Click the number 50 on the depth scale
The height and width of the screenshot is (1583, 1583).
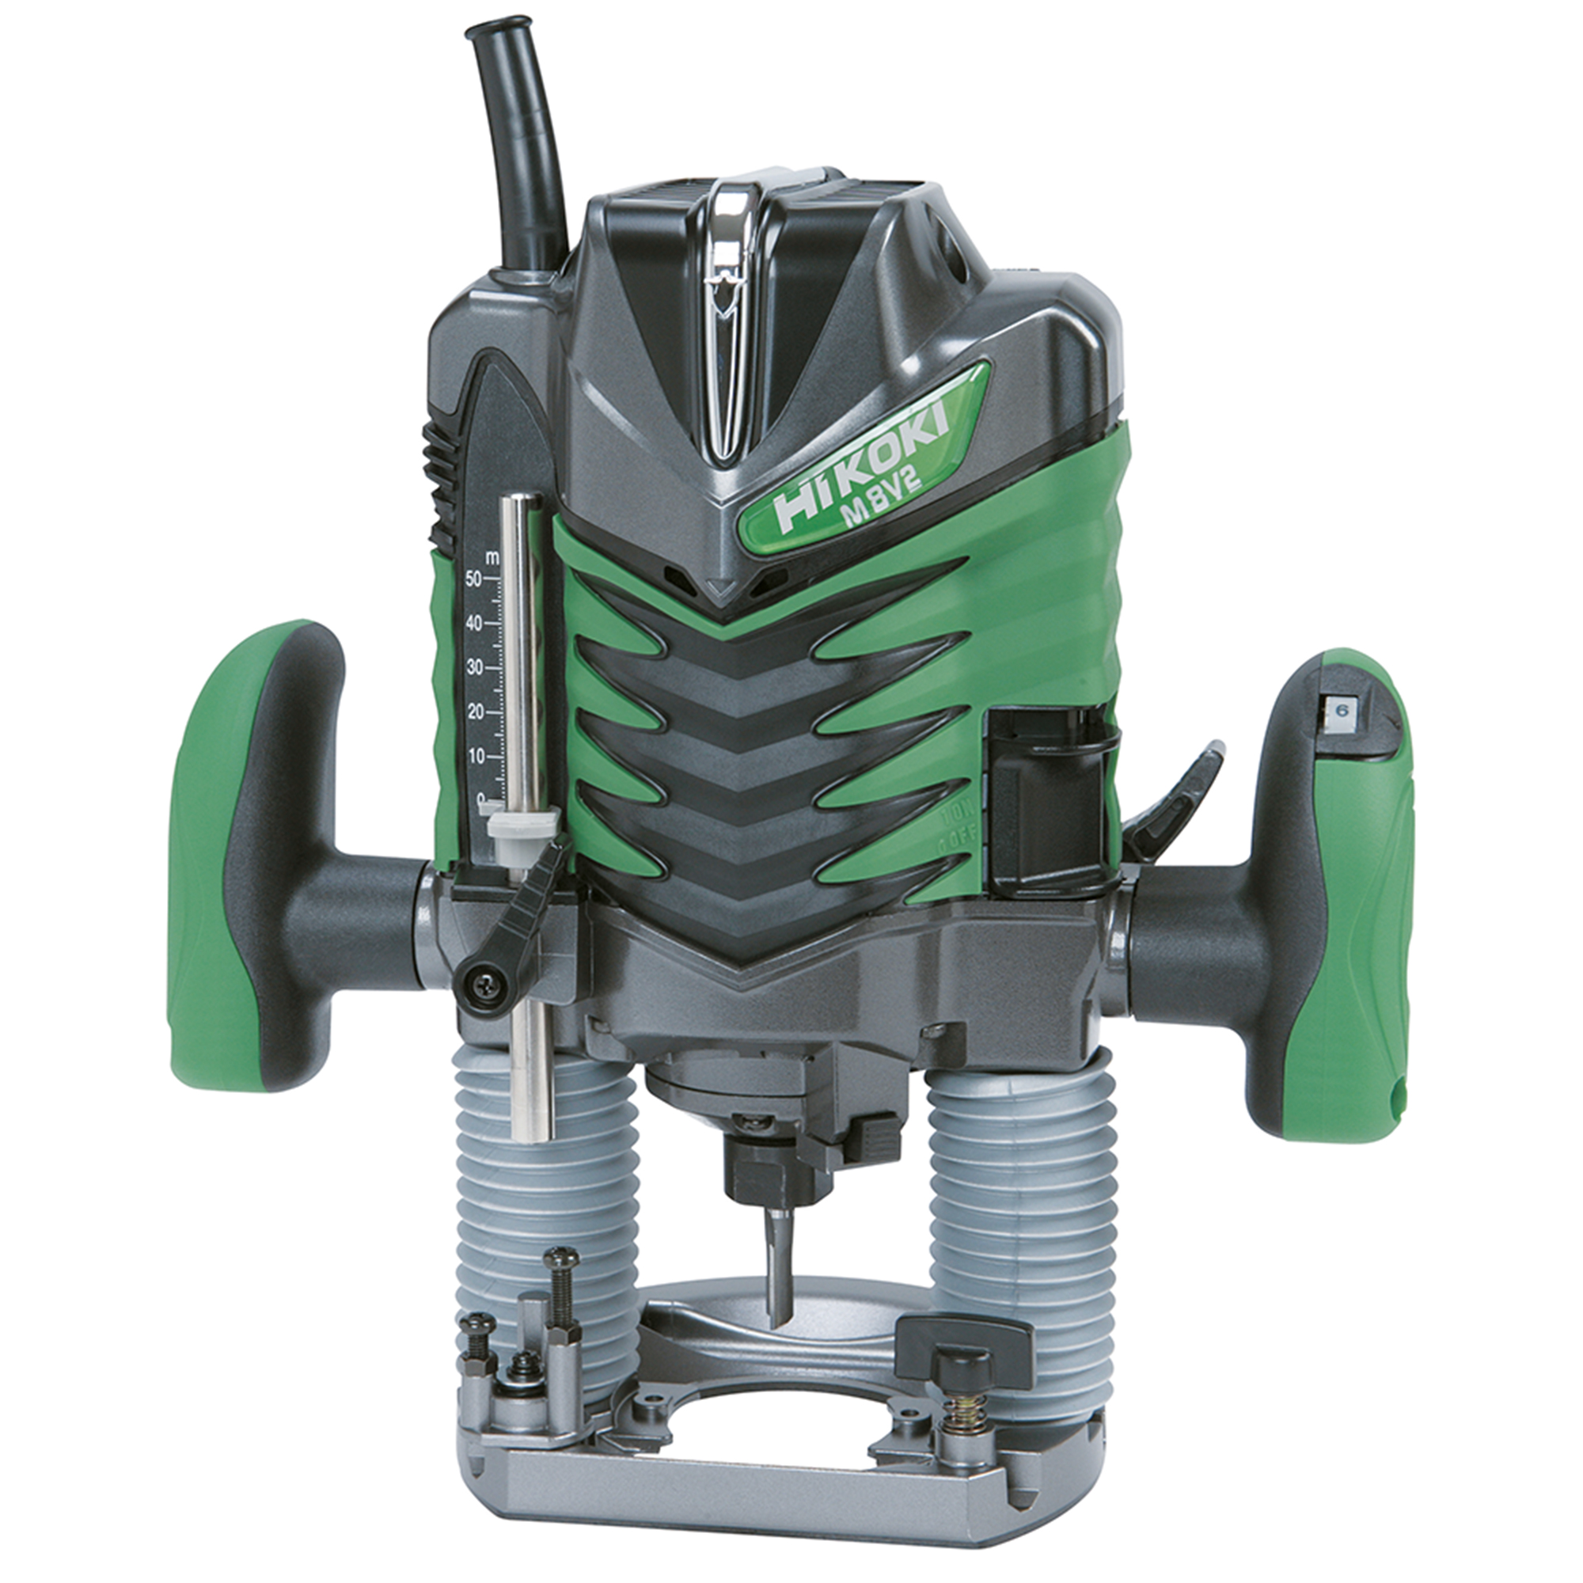472,580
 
